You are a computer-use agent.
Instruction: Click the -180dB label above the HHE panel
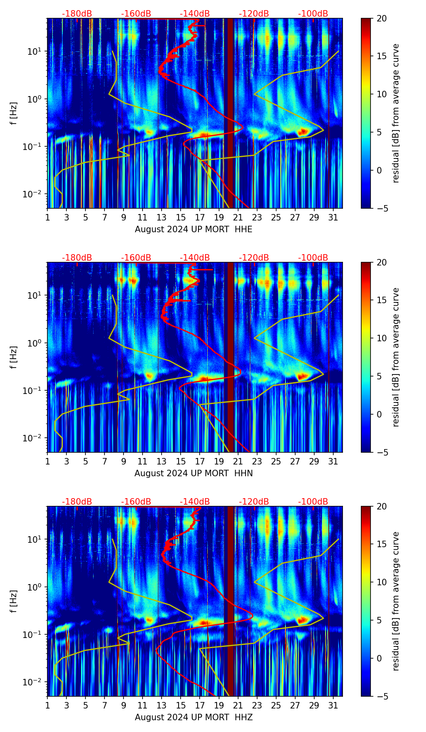(77, 14)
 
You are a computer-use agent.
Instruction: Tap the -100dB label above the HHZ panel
(313, 502)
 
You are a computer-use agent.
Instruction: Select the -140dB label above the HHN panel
(195, 258)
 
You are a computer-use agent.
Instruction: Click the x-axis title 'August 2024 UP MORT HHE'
(194, 229)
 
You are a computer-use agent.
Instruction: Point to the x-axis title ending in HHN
(194, 473)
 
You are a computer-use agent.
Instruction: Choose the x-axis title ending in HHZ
(194, 717)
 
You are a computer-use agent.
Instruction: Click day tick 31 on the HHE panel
(333, 217)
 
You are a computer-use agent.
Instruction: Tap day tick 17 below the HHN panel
(200, 461)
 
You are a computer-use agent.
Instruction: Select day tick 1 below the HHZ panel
(48, 705)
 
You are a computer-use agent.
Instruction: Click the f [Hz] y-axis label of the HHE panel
(14, 113)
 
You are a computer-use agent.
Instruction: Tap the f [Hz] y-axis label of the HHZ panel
(14, 601)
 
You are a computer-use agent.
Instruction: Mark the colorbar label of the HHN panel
(396, 357)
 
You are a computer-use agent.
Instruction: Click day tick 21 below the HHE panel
(238, 217)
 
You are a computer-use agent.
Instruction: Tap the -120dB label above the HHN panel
(254, 258)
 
